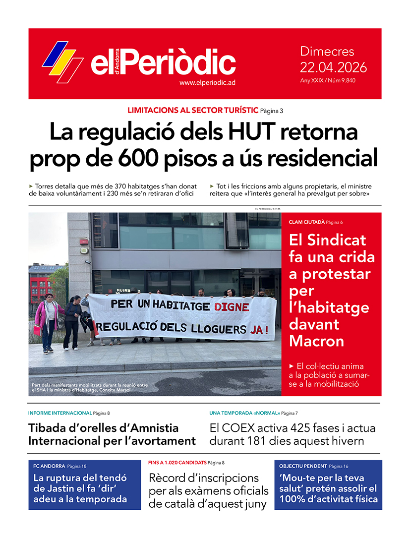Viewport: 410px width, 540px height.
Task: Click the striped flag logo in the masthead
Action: pos(62,61)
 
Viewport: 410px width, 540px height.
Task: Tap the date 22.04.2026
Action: pos(333,67)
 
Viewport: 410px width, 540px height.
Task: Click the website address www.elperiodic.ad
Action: pos(207,83)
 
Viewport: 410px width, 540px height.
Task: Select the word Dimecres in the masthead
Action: pos(327,52)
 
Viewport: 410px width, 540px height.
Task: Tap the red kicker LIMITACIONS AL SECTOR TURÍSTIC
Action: pos(193,110)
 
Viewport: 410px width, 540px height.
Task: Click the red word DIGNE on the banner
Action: pos(232,307)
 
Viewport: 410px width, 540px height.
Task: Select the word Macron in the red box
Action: pos(316,341)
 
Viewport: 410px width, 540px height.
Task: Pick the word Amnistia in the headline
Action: pos(147,428)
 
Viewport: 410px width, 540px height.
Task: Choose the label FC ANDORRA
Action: pos(49,466)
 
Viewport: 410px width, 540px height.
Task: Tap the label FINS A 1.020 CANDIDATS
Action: pos(177,463)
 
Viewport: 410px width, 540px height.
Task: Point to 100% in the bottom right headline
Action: pos(296,499)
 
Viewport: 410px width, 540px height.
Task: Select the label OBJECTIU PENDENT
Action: pos(303,466)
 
